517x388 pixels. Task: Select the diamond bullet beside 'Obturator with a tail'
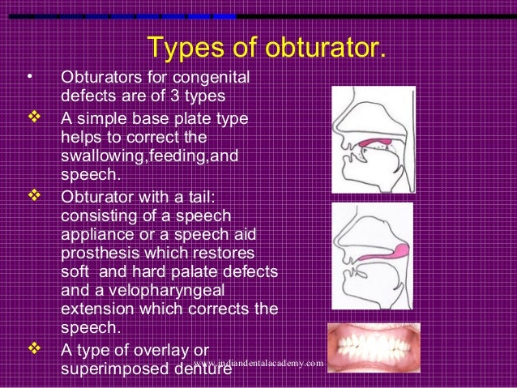[34, 198]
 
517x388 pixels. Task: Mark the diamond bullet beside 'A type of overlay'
[34, 349]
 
